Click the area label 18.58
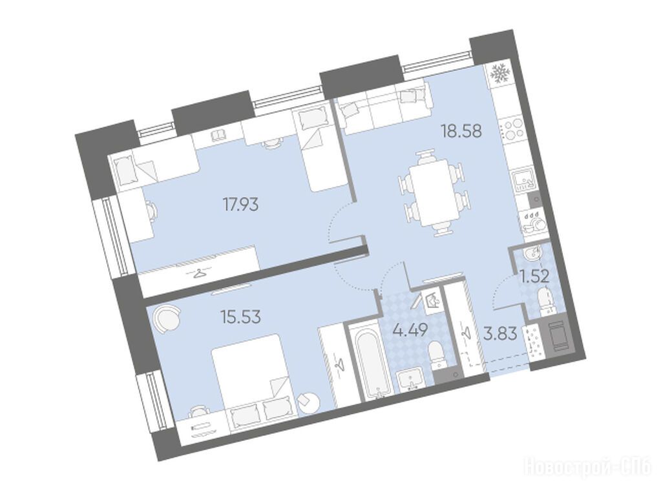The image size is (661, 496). pyautogui.click(x=461, y=131)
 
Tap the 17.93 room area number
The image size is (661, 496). pyautogui.click(x=241, y=205)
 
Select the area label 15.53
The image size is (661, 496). pyautogui.click(x=241, y=316)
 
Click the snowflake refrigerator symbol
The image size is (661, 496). pyautogui.click(x=500, y=73)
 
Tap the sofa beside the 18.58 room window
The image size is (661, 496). pyautogui.click(x=386, y=101)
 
